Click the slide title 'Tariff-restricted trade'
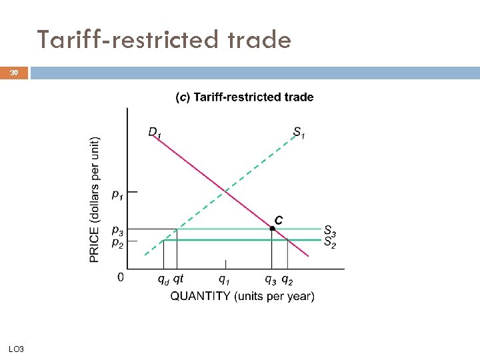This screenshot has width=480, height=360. click(x=164, y=40)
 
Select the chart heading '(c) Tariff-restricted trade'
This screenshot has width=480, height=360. click(x=244, y=97)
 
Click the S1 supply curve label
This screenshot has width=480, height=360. click(x=299, y=132)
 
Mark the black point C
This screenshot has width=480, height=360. click(x=272, y=229)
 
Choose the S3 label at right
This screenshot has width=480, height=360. click(x=330, y=231)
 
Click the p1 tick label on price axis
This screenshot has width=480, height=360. click(x=117, y=194)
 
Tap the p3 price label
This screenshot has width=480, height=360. click(x=117, y=231)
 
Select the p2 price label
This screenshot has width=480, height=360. click(x=117, y=243)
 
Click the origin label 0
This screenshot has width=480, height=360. click(x=121, y=277)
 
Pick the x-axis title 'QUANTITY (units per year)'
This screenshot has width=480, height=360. click(x=242, y=296)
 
